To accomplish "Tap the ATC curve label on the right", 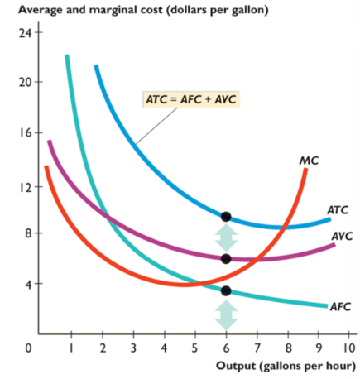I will pos(337,210).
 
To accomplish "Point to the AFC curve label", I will pos(341,306).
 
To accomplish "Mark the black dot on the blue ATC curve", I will pos(226,217).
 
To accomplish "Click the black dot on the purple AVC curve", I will pos(226,259).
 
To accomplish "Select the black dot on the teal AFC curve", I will pos(226,290).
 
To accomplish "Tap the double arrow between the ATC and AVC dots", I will pos(226,238).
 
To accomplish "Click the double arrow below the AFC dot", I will pos(226,314).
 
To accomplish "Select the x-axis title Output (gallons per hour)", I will pos(286,367).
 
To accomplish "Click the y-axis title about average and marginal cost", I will pos(141,10).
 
